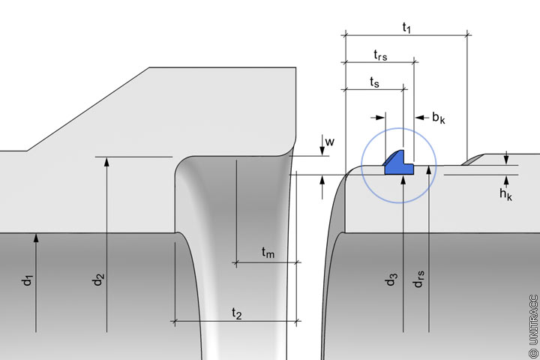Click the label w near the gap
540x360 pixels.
tap(329, 139)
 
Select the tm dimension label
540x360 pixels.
tap(268, 253)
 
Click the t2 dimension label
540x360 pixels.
tap(236, 312)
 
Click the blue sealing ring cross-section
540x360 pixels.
tap(400, 163)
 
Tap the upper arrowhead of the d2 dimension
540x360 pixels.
tap(107, 160)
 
